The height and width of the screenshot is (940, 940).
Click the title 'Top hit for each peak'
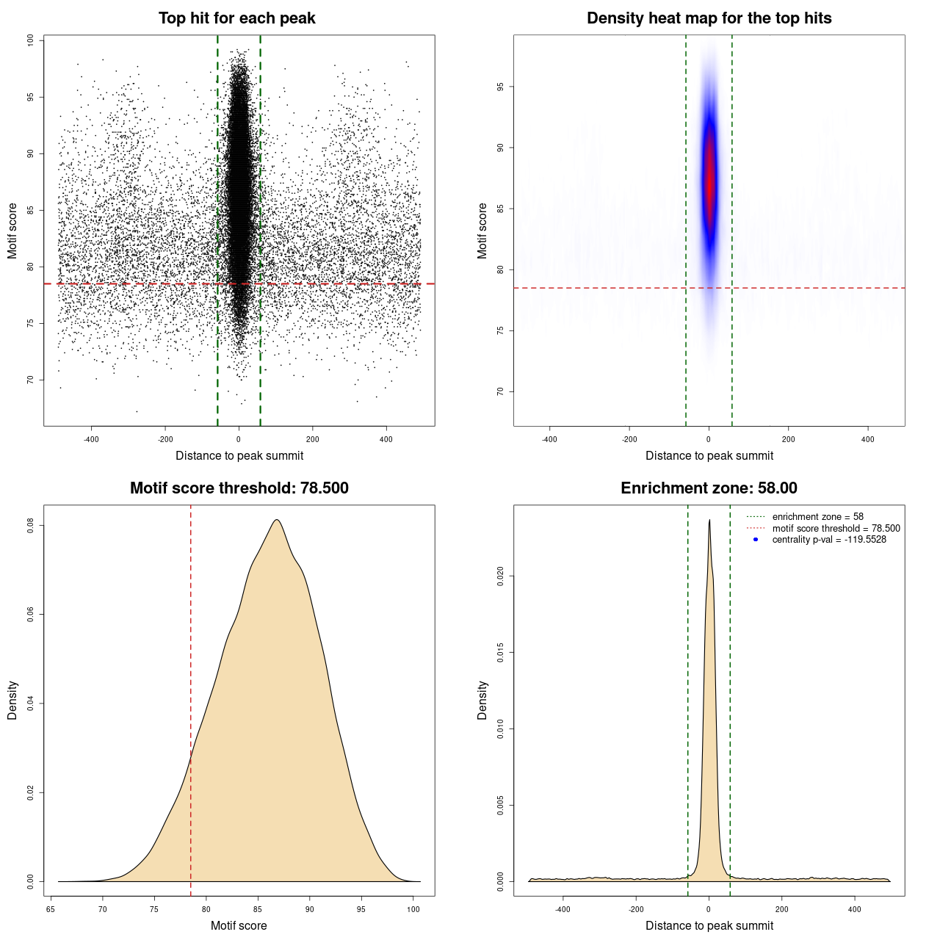(x=237, y=18)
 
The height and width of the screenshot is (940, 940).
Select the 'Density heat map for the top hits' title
(x=709, y=18)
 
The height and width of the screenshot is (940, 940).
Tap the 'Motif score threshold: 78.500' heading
(x=239, y=488)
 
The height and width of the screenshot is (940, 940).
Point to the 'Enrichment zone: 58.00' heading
(x=709, y=488)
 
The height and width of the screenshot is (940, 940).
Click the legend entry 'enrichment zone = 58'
(x=817, y=517)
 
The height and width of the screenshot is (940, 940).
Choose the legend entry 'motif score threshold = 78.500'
(x=836, y=528)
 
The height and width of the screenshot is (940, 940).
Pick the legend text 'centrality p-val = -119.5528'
(x=829, y=540)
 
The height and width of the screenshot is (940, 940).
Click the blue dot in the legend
(x=756, y=540)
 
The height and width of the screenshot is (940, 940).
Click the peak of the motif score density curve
(x=277, y=520)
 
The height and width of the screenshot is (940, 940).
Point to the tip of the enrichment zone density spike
(x=709, y=520)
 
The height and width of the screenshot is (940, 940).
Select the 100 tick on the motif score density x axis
(x=413, y=909)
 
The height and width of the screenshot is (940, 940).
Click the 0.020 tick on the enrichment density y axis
(x=500, y=576)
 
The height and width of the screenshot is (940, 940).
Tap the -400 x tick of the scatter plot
(x=91, y=439)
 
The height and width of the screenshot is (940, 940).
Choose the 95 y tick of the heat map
(x=500, y=87)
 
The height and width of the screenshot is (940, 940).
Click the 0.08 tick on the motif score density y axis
(x=30, y=526)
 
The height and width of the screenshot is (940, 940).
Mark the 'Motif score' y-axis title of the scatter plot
(x=12, y=231)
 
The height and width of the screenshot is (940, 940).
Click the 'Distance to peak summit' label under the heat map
(x=709, y=456)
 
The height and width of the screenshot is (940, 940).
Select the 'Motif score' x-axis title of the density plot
(x=239, y=926)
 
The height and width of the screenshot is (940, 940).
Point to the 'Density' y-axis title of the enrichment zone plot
(x=482, y=700)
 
